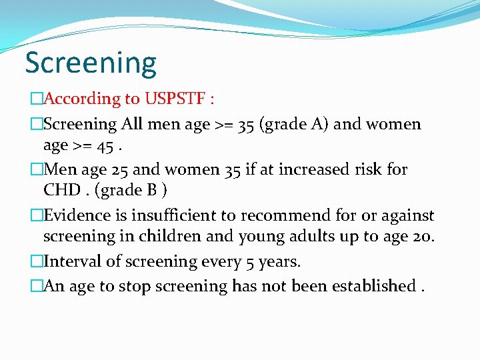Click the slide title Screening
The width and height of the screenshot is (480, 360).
pyautogui.click(x=91, y=63)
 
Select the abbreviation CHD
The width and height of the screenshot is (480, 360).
pyautogui.click(x=63, y=190)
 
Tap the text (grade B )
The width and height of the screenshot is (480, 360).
pyautogui.click(x=131, y=190)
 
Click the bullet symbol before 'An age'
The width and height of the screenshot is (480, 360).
pyautogui.click(x=36, y=286)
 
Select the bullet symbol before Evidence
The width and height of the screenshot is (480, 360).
pyautogui.click(x=36, y=216)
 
